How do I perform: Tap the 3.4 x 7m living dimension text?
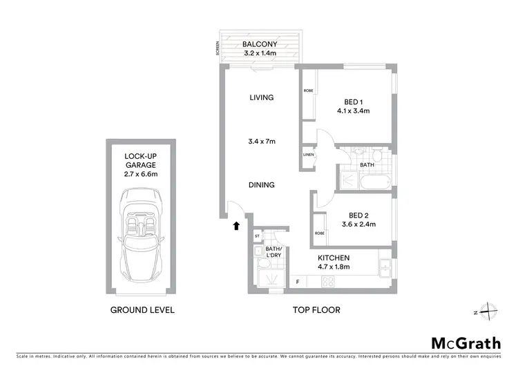(262, 142)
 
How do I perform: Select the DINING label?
(262, 185)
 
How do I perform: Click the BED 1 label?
(354, 101)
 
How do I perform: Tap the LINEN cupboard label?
(309, 155)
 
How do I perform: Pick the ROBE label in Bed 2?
(319, 233)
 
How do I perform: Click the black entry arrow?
(236, 225)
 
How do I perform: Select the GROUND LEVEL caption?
(142, 310)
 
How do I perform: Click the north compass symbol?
(488, 312)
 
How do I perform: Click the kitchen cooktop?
(328, 281)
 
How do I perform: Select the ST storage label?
(257, 235)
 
